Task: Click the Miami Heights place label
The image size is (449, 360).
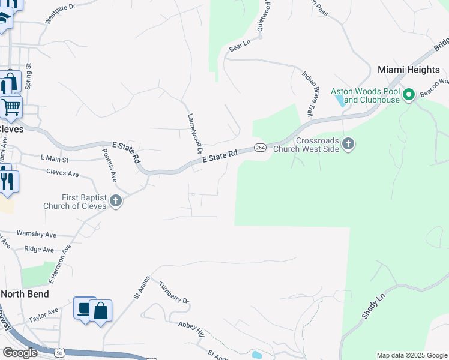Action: click(409, 70)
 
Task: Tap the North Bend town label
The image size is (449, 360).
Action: click(25, 294)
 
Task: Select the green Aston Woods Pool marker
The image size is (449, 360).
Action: click(409, 95)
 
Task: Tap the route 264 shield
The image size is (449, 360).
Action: click(260, 148)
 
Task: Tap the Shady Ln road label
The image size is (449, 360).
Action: click(372, 307)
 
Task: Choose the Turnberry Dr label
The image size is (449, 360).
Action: click(174, 292)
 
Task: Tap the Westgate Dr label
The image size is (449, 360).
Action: click(60, 13)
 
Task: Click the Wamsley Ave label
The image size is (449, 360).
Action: click(36, 233)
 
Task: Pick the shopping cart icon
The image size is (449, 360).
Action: click(11, 107)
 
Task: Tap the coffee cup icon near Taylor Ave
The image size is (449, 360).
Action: click(84, 308)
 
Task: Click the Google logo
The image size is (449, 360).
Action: click(19, 353)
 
